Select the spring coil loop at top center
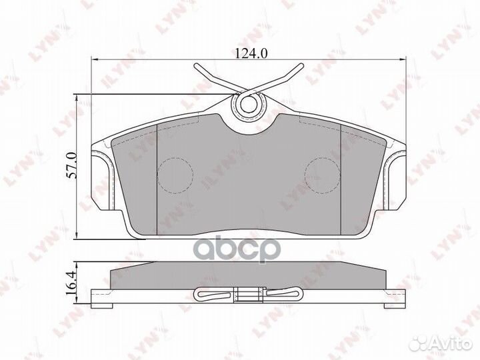248,104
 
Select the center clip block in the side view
248,293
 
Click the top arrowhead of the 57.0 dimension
80,98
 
